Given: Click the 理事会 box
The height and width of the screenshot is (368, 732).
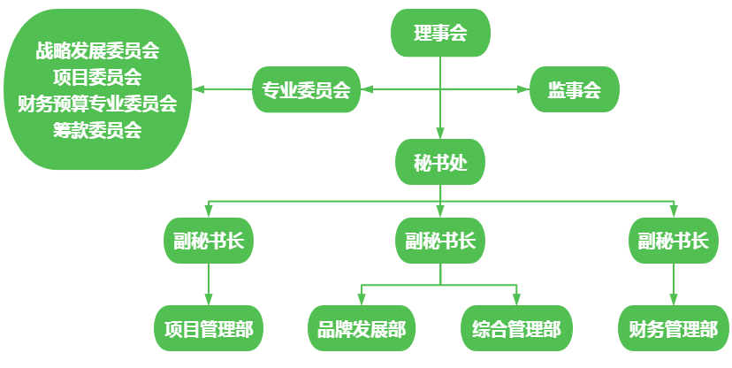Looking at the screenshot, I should tap(440, 34).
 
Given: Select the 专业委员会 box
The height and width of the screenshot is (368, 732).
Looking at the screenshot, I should tap(306, 89).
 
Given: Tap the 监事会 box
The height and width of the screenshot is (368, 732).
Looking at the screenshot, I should tap(574, 89).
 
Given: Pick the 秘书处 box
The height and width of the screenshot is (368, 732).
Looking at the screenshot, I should tap(440, 163).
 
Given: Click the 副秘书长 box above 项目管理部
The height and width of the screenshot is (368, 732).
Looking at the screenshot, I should tap(209, 241).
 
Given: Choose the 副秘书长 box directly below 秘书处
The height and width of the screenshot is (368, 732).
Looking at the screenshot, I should tap(440, 241).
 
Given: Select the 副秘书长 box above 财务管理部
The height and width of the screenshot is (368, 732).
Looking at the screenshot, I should tap(673, 241).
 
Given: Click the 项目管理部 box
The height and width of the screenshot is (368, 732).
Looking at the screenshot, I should tap(209, 329).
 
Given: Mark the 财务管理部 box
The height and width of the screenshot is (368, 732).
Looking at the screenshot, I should tap(673, 329).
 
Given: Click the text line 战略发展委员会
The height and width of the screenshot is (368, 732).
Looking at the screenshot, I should tap(97, 50).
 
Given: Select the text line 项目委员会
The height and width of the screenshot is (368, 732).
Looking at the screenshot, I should tap(97, 77).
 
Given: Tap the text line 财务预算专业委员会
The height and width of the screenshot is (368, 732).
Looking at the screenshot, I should tap(97, 103).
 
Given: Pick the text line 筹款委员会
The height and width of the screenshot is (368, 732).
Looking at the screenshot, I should tap(97, 130).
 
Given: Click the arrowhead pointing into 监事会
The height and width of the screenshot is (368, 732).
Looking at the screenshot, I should tap(523, 89).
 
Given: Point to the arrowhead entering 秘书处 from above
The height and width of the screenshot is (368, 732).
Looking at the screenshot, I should tap(440, 134).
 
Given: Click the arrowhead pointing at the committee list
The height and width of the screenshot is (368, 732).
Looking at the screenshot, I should tap(200, 89).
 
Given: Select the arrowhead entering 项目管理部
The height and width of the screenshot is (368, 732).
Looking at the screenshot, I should tap(209, 301).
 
